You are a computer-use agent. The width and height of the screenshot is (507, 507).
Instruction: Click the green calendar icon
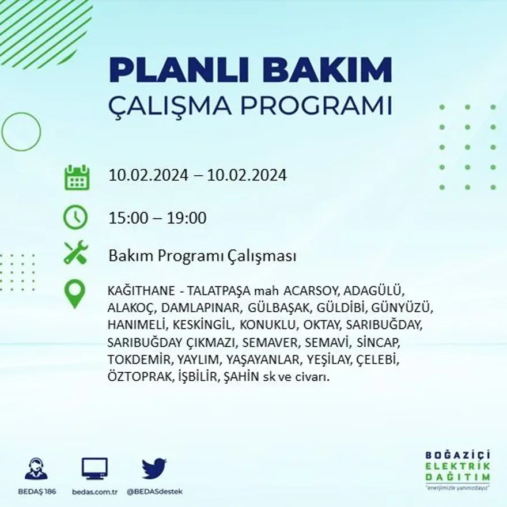click(x=77, y=177)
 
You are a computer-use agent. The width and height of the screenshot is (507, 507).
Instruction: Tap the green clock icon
click(x=75, y=218)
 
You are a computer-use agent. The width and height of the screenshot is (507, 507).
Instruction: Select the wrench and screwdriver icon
click(x=75, y=253)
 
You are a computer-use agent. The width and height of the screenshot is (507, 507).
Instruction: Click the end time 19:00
click(x=187, y=218)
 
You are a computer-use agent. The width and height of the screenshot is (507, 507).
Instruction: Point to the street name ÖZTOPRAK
click(x=139, y=378)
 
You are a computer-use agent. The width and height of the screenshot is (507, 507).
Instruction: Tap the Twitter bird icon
click(x=154, y=468)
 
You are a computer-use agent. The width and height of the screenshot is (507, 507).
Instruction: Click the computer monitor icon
click(x=94, y=468)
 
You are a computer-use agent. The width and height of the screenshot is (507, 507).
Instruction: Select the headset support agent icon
click(x=36, y=468)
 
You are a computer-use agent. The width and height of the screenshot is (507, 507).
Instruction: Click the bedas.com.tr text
click(x=95, y=491)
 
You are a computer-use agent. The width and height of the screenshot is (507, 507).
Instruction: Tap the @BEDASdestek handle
click(x=154, y=491)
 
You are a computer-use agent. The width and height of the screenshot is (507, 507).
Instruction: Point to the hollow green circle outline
click(x=21, y=132)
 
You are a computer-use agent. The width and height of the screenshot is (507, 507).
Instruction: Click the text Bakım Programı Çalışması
click(x=202, y=256)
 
